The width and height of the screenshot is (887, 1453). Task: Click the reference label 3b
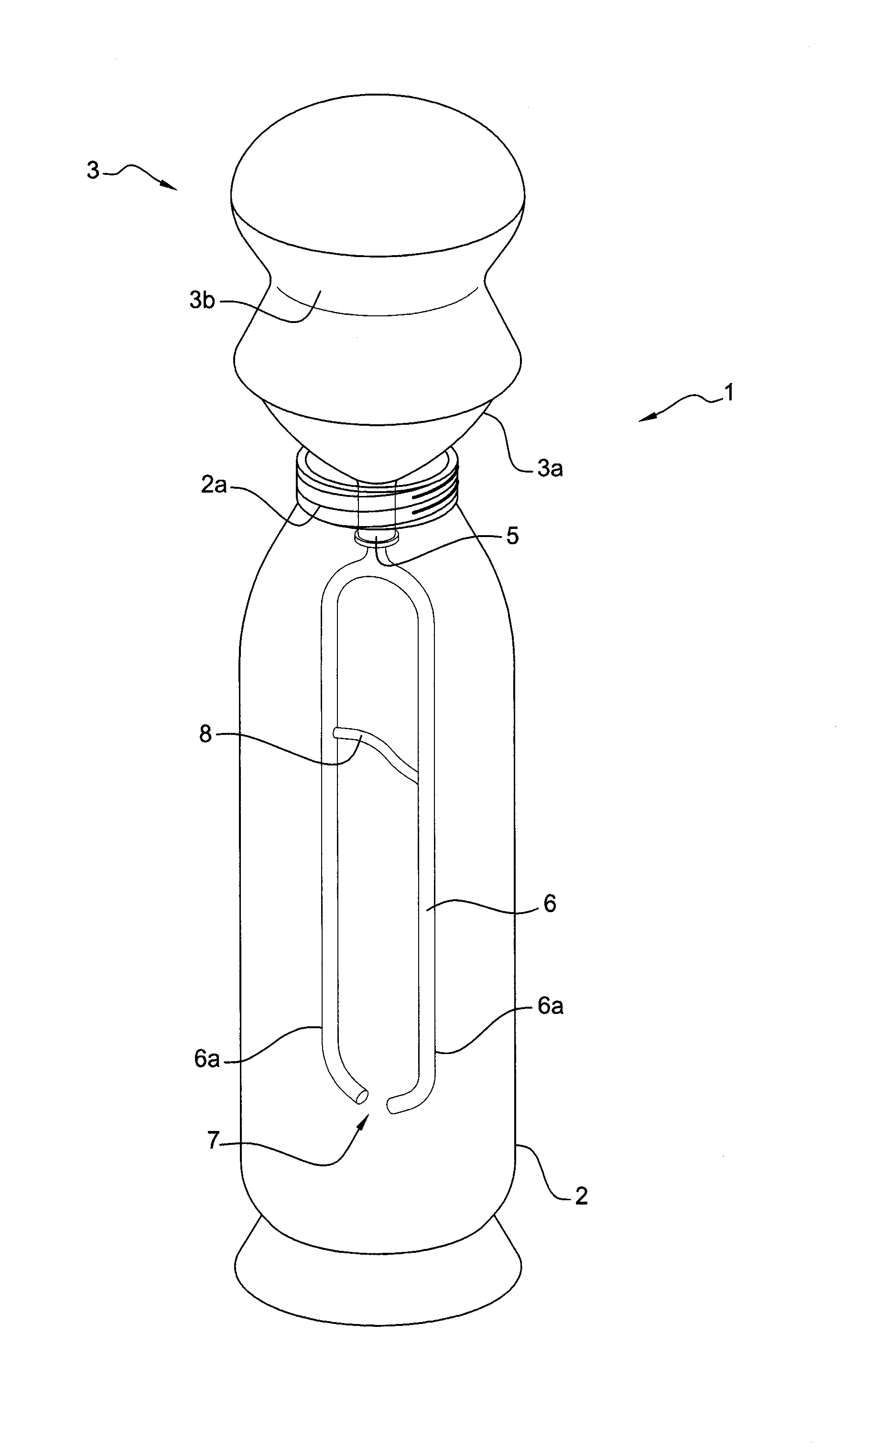tap(202, 301)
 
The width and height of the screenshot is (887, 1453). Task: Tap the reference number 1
tap(729, 392)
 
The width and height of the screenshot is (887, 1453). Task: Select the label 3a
tap(550, 468)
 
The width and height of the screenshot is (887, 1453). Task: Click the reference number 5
tap(512, 536)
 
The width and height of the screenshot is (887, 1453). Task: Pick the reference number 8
tap(205, 734)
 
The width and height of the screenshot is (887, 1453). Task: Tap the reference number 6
tap(550, 904)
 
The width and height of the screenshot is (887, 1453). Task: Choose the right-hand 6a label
tap(550, 1006)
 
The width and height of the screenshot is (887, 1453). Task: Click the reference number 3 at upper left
tap(93, 171)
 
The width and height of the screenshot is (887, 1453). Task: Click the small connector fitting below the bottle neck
tap(376, 536)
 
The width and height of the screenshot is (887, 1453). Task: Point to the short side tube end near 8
tap(337, 733)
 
